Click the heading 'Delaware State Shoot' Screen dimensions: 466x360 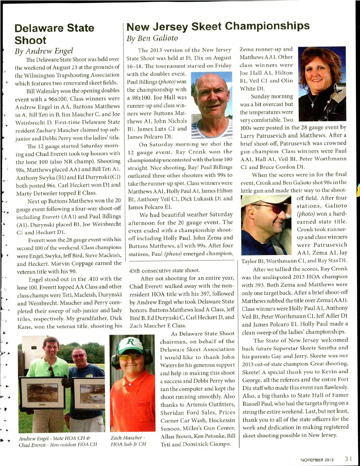pos(54,34)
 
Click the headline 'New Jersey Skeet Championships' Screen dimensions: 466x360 pos(218,26)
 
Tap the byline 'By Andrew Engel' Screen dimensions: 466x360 pos(44,51)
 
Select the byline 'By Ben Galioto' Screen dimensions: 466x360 pos(152,38)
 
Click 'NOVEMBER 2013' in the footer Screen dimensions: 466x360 pos(317,460)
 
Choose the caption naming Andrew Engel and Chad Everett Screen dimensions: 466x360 pos(58,441)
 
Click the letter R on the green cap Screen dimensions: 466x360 pos(131,342)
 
